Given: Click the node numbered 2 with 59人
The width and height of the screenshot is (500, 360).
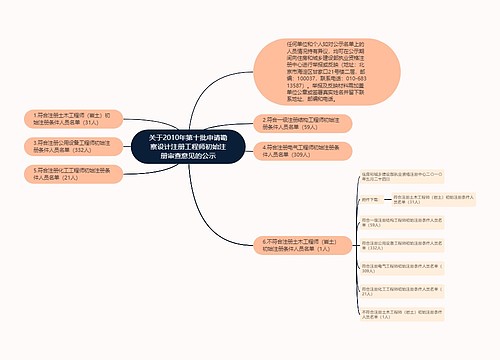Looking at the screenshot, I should (x=301, y=124).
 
